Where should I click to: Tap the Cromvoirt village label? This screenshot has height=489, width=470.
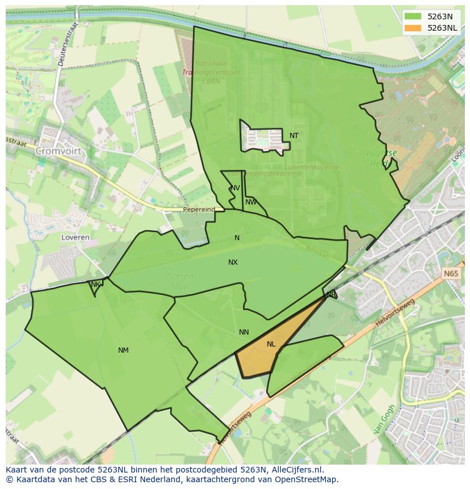(58, 152)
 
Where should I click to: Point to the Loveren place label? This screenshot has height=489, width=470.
(75, 237)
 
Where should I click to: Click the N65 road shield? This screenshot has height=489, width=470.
(451, 274)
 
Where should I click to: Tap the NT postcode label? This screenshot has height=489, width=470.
(294, 136)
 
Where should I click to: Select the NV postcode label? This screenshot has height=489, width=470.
(235, 188)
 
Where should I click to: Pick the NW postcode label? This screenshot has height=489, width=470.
(251, 202)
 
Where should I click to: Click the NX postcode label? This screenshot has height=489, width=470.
(233, 262)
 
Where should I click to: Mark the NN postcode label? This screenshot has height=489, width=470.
(244, 332)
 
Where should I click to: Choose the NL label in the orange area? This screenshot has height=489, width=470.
(271, 344)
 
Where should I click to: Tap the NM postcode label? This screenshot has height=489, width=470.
(123, 350)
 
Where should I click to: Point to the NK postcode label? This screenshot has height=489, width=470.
(95, 285)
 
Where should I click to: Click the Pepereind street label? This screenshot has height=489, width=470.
(199, 210)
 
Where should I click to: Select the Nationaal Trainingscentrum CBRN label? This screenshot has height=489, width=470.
(211, 72)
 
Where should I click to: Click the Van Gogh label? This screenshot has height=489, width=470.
(384, 420)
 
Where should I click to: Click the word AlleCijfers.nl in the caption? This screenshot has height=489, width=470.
(295, 470)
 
